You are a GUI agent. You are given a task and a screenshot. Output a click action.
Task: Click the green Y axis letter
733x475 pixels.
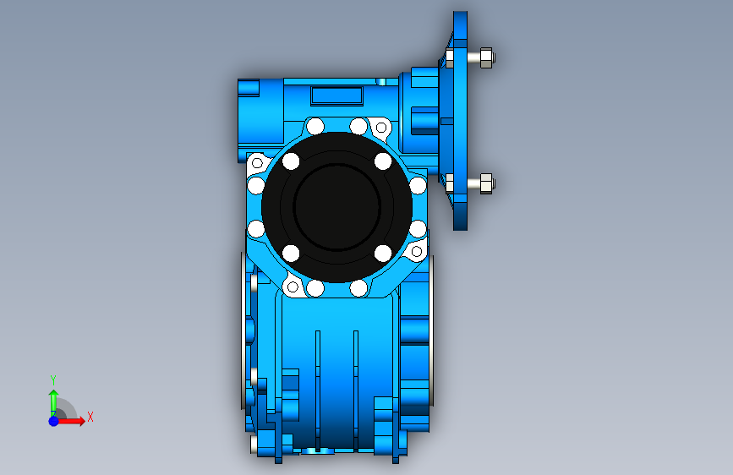pos(53,379)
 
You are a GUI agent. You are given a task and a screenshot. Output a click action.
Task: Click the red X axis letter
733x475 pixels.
pos(90,417)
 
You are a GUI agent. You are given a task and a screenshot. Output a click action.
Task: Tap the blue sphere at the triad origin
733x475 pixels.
pos(54,421)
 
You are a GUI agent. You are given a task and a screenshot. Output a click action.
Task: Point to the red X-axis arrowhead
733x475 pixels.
pos(81,421)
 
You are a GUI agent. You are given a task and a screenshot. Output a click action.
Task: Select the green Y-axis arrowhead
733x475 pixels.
pos(54,394)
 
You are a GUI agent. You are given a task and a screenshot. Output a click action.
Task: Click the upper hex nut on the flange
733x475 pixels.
pos(486,58)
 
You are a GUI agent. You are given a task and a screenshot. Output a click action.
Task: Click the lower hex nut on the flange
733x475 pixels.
pos(486,183)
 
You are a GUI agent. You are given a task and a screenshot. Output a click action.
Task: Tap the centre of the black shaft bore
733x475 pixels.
pos(336,207)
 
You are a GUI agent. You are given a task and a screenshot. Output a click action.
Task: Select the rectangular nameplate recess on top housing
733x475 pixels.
pos(336,96)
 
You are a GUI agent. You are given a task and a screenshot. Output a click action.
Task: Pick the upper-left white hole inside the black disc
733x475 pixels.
pos(291,161)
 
